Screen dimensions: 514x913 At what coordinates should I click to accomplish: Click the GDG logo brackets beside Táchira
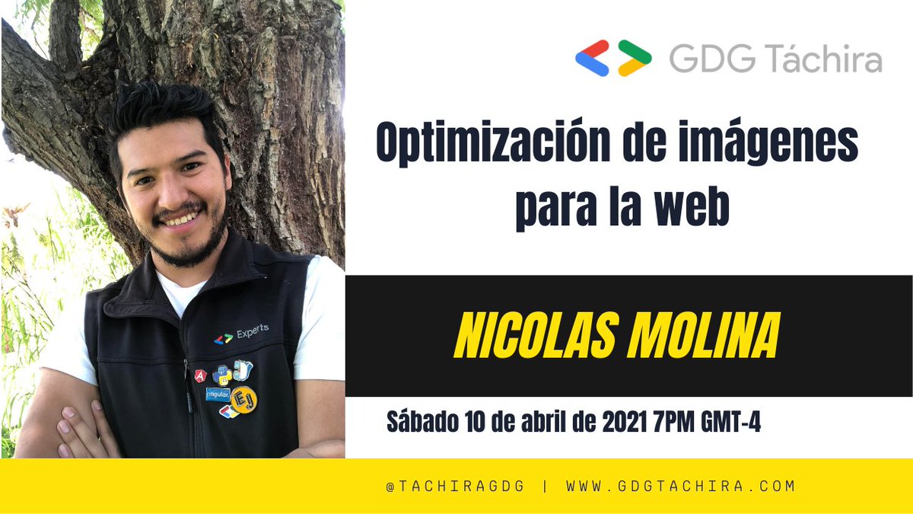[x=613, y=58]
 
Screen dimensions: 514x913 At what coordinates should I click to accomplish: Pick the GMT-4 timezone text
[x=731, y=422]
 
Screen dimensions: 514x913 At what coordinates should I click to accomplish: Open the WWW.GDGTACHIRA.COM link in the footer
[x=681, y=486]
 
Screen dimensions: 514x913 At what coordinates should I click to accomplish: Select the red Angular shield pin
[x=200, y=375]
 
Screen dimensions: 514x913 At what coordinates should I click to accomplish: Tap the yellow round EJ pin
[x=244, y=400]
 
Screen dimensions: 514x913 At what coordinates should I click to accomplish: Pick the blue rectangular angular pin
[x=218, y=394]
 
